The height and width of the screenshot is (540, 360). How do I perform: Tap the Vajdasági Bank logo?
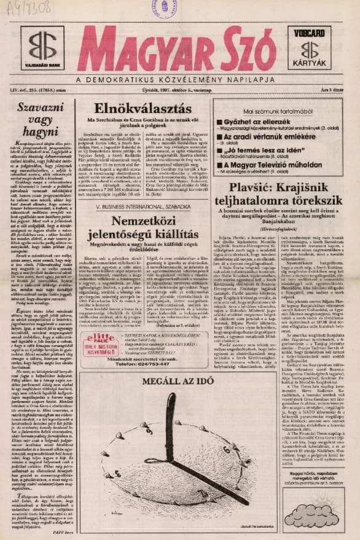coord(42,49)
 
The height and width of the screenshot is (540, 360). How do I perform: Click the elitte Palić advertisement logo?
coord(103,342)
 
